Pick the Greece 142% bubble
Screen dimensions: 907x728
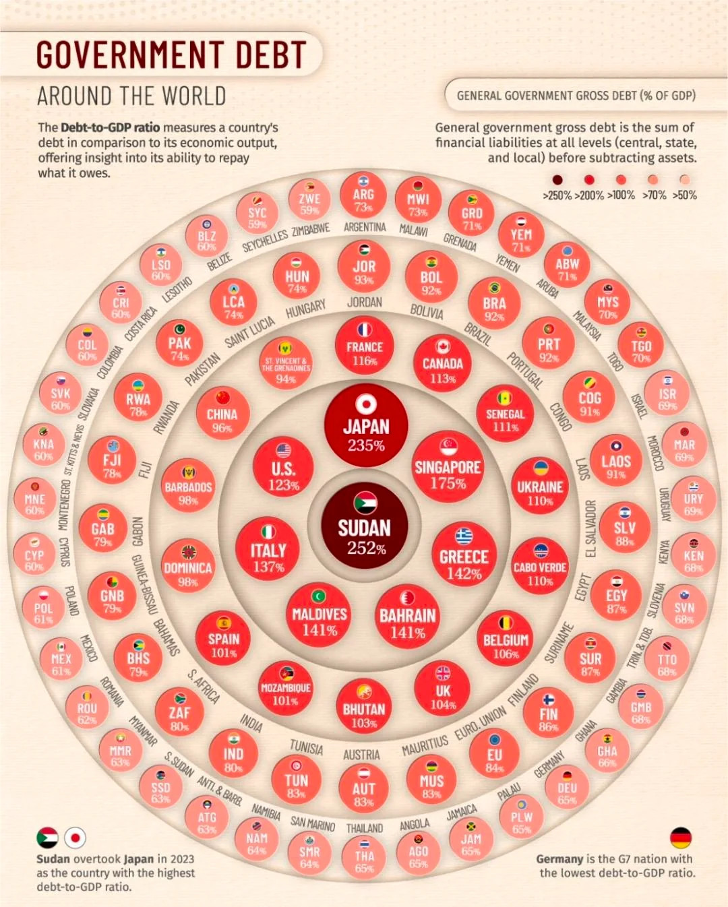click(x=464, y=554)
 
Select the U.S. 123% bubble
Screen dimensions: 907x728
click(x=283, y=468)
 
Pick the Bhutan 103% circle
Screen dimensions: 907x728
click(x=364, y=708)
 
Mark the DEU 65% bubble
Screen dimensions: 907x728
click(x=567, y=788)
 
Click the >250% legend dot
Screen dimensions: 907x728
click(x=557, y=180)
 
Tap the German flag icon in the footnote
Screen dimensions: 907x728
click(x=681, y=838)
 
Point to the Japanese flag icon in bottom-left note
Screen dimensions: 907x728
click(x=75, y=838)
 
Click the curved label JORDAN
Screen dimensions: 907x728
click(x=365, y=303)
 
